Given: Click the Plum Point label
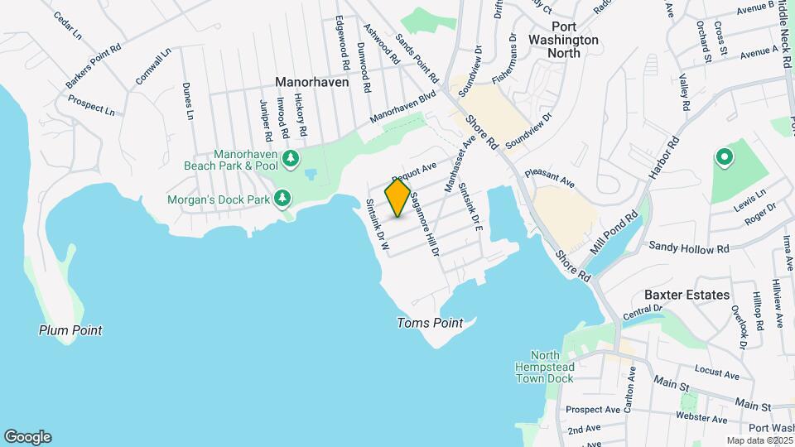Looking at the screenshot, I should pos(70,330).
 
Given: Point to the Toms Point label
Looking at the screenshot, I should pos(429,323).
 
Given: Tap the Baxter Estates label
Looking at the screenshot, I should pos(687,295).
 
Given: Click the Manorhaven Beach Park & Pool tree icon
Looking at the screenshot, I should pos(290,157).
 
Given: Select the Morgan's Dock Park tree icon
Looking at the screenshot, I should pos(283,198).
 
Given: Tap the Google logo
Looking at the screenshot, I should pos(27,436).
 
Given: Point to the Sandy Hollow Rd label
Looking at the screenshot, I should pos(688,247).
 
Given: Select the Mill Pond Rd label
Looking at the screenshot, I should pos(613,233).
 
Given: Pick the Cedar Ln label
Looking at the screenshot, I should pos(66,26).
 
